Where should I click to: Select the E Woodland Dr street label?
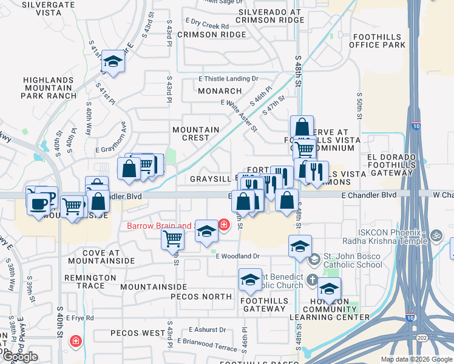(238, 256)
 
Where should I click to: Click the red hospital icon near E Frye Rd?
(75, 341)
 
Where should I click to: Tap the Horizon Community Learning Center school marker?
(329, 289)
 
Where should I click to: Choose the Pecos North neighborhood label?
(201, 297)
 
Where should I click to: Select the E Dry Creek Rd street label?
(208, 26)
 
